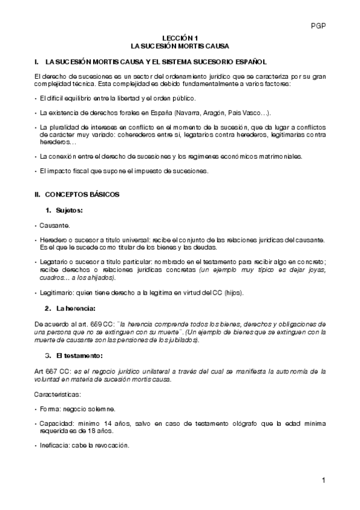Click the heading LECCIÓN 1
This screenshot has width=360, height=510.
click(180, 37)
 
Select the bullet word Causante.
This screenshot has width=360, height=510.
click(54, 226)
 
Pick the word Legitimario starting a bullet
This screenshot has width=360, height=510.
click(58, 293)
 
